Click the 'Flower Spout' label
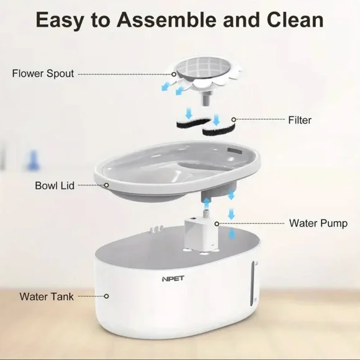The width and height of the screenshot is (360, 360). click(43, 74)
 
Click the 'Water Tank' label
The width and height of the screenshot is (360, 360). click(47, 297)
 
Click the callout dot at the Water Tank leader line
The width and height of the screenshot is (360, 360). click(106, 297)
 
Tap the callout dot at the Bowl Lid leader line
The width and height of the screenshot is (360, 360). click(107, 185)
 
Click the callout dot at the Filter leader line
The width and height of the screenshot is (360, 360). click(233, 119)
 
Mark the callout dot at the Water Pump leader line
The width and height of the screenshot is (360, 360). click(216, 223)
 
